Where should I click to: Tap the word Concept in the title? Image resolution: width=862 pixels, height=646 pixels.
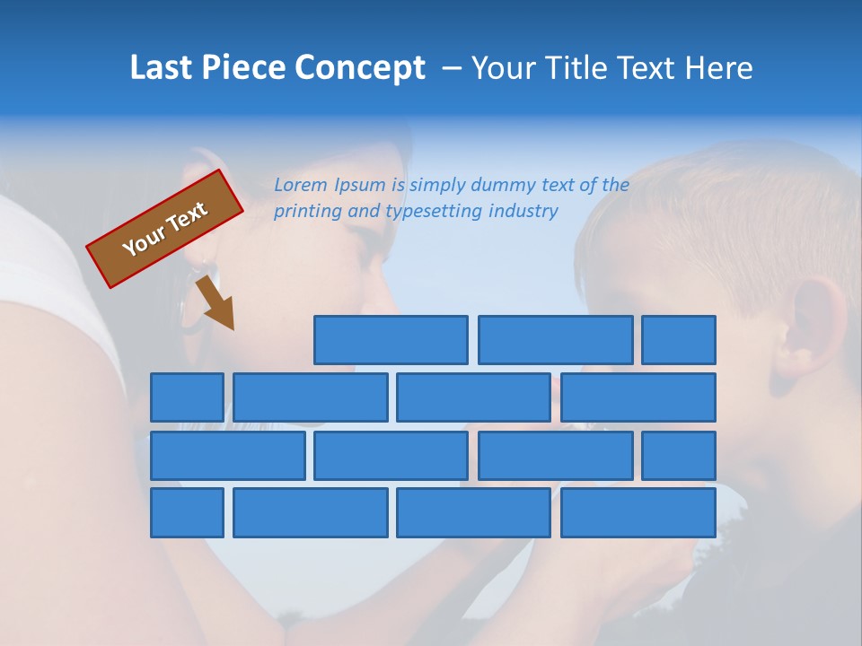(x=361, y=68)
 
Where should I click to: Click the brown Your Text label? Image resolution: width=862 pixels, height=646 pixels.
(x=164, y=229)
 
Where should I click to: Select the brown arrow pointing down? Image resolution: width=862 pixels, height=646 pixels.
(x=215, y=303)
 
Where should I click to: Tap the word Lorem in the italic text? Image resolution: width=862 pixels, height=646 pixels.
(x=301, y=186)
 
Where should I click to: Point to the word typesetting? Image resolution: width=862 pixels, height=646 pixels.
(x=434, y=212)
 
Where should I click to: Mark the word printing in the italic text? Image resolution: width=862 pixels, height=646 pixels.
(x=304, y=212)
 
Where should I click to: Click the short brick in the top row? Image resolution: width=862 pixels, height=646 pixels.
(x=679, y=340)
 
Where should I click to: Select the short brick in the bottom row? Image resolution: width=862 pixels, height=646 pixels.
(x=187, y=512)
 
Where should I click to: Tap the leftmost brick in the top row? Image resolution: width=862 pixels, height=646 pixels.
(x=391, y=340)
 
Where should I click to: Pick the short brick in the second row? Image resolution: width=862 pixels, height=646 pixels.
(x=187, y=397)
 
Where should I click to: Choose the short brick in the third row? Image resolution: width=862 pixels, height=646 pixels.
(x=679, y=455)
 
